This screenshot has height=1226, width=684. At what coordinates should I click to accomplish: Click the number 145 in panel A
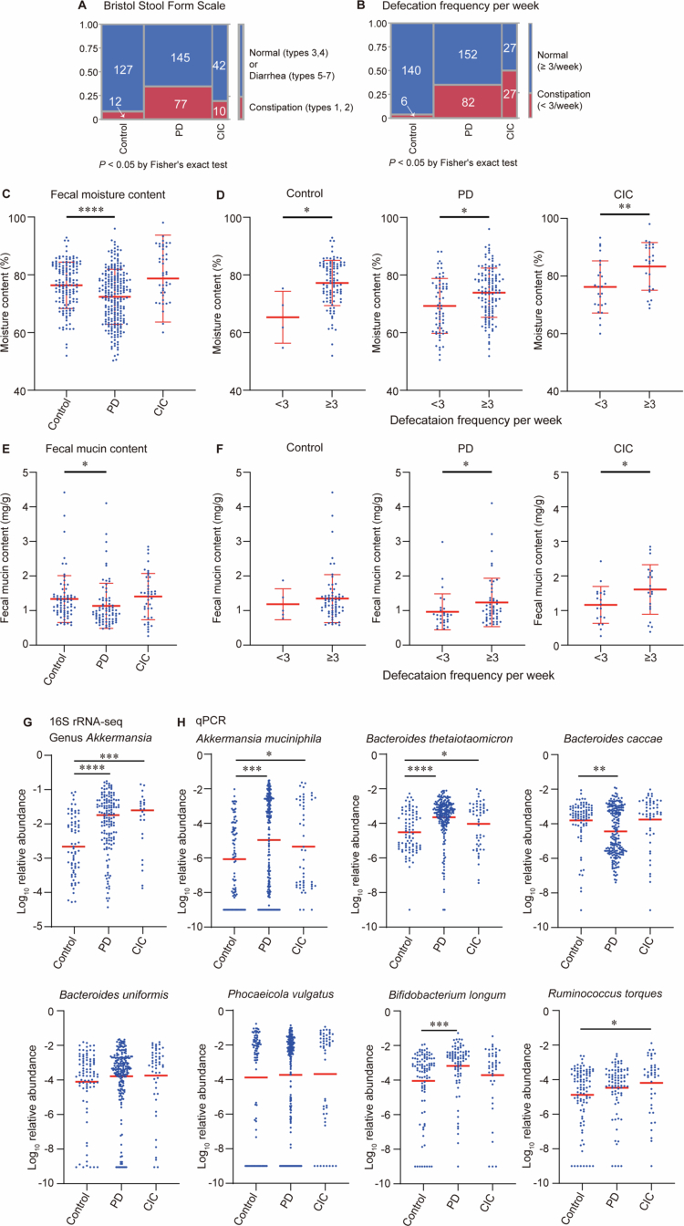coord(180,57)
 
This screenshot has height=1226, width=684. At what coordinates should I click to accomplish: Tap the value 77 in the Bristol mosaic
coord(181,104)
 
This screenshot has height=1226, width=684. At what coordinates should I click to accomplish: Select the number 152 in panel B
coord(468,54)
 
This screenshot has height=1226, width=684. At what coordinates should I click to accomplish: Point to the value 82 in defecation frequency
coord(468,102)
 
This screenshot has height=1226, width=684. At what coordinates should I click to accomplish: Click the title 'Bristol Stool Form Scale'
coord(164,6)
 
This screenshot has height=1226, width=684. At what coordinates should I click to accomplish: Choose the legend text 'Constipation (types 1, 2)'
coord(301,108)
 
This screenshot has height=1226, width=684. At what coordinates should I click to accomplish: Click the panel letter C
coord(6,193)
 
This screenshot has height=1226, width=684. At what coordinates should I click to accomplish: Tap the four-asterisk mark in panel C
coord(91,210)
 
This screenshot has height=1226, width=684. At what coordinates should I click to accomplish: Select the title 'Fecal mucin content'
coord(97,449)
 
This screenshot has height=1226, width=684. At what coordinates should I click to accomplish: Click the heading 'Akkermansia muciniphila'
coord(259,739)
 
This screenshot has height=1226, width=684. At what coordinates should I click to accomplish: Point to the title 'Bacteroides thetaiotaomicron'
coord(440,739)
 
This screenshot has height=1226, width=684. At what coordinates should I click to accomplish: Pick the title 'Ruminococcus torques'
coord(606,993)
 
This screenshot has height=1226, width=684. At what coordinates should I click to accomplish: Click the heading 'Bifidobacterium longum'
coord(447,994)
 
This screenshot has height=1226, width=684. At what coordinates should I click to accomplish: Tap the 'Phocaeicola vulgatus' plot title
coord(281,994)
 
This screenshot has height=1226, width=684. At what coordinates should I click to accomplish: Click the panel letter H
coord(181,722)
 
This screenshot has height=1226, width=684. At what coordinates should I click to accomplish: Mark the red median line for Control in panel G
coord(73,847)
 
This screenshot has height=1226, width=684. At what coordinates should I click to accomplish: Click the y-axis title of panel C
coord(5,302)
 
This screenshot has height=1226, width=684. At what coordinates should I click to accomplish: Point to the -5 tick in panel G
coord(39,927)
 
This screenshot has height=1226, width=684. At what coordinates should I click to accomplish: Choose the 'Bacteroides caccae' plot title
coord(613,739)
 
